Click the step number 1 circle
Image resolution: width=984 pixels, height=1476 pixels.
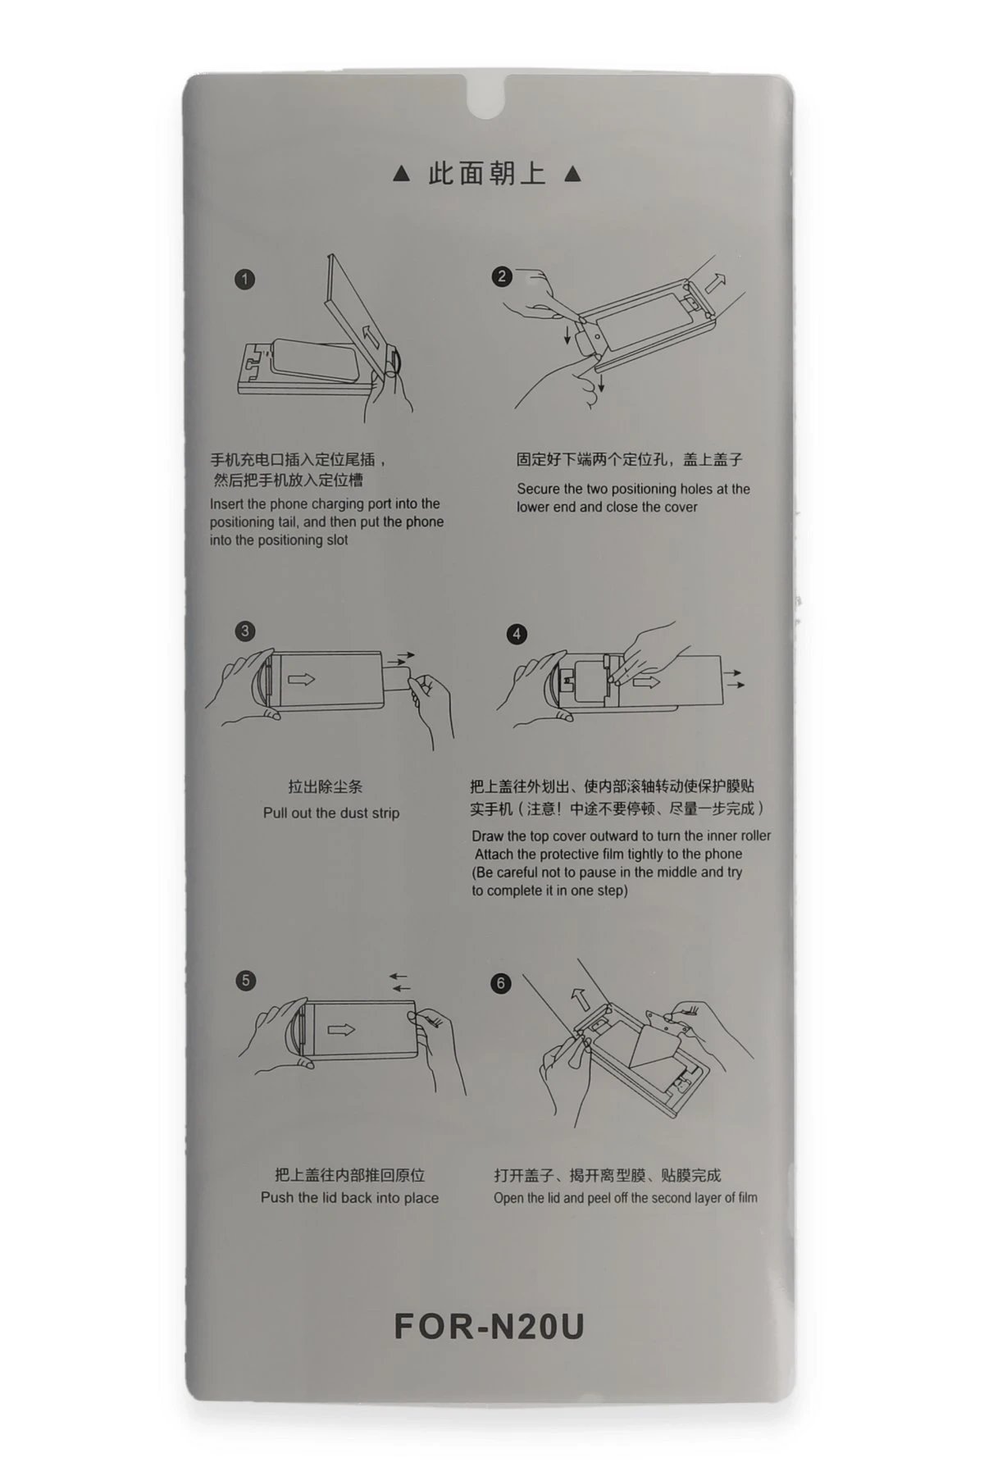pos(244,280)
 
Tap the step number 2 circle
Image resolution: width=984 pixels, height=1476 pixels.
pos(502,276)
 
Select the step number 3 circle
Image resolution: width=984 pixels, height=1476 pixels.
pos(244,631)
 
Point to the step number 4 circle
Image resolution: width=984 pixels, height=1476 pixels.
pos(517,635)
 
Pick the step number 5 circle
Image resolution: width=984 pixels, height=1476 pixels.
pos(245,981)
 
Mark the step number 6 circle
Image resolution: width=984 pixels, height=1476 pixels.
pos(501,983)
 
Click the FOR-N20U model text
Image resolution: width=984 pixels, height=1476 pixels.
pos(489,1327)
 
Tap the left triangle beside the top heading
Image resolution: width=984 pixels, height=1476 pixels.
pos(401,174)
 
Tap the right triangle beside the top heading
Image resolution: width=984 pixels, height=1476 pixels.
pos(573,174)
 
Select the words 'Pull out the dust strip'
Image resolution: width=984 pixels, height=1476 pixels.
pos(331,813)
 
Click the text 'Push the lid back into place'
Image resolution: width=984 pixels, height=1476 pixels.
pos(349,1198)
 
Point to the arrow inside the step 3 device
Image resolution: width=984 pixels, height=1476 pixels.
pos(301,679)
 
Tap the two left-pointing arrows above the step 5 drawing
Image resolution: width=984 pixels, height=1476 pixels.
pos(399,982)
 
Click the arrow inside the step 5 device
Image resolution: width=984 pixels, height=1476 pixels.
pos(341,1030)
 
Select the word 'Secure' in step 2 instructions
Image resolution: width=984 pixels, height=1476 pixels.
pos(538,490)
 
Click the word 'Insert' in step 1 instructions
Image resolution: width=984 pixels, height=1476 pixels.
pos(227,504)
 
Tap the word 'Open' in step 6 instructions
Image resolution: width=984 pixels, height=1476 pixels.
pos(508,1198)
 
